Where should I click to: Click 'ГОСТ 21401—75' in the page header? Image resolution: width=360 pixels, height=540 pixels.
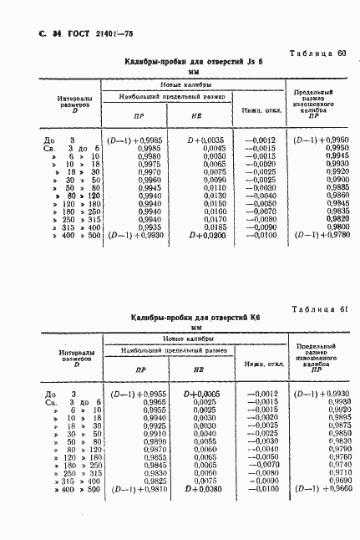(74, 33)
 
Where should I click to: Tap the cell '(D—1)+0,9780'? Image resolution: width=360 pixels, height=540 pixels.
(315, 236)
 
